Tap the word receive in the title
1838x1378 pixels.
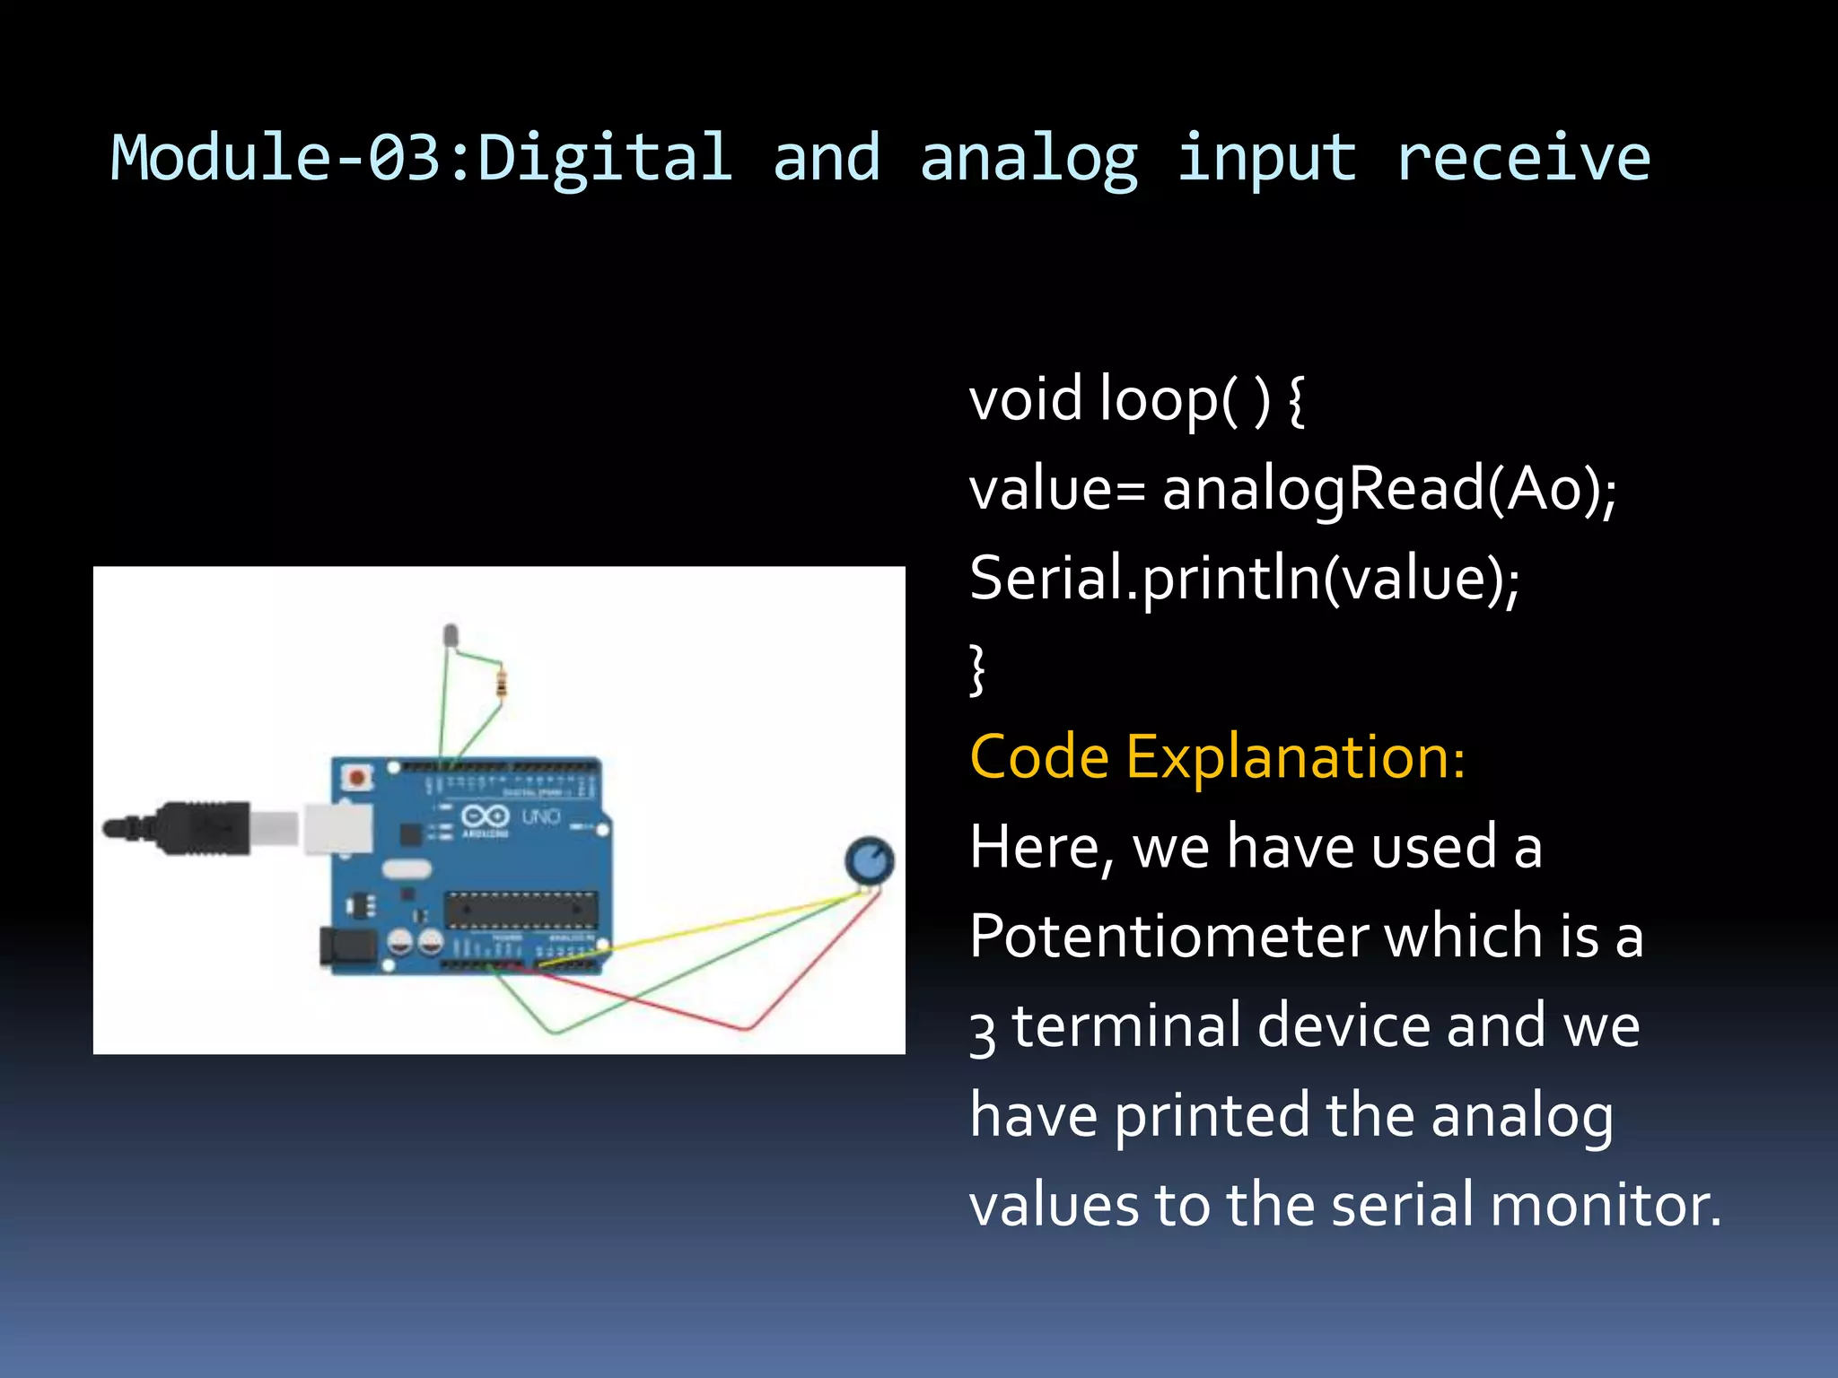pos(1522,158)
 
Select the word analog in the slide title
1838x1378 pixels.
pos(1028,158)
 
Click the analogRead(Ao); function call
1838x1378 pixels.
pos(1388,490)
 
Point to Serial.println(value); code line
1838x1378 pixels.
pos(1244,579)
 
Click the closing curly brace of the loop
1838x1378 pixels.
pos(978,668)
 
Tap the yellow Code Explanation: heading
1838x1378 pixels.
pos(1217,757)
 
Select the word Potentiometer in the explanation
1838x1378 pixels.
pos(1168,936)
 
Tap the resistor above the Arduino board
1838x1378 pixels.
pos(501,684)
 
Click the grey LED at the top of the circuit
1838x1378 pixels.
pos(451,634)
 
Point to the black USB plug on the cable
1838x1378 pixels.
pos(206,827)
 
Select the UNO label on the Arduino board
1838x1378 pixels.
pos(541,816)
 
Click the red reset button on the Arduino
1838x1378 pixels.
pos(357,777)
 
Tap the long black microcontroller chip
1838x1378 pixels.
pos(521,910)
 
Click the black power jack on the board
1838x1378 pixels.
pos(346,948)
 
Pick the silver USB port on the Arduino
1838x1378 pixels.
pos(338,827)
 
